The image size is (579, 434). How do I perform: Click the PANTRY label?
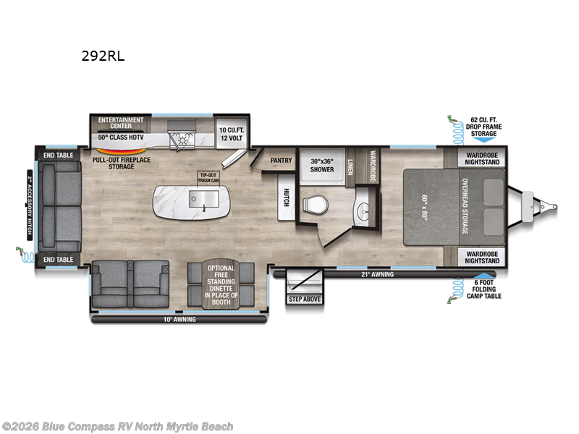coord(280,160)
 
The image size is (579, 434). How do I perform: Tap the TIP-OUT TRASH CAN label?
coord(208,178)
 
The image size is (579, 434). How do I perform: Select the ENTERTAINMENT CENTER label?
coord(121,122)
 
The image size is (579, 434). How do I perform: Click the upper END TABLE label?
coord(58,154)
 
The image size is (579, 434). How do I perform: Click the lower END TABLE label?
coord(58,258)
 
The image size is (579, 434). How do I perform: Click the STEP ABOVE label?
coord(304,298)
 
